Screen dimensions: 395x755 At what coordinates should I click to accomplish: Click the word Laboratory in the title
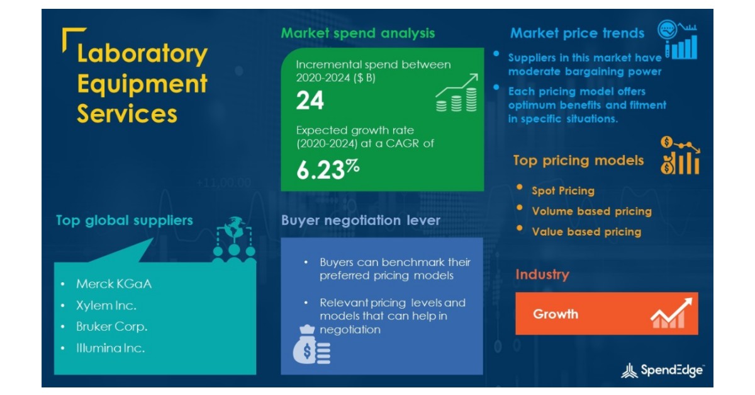(x=142, y=54)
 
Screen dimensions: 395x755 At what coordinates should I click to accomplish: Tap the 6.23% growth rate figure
(x=327, y=170)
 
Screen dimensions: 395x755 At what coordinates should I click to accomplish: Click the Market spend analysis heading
(x=357, y=33)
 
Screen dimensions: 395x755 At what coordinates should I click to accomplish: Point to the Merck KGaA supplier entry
(x=114, y=283)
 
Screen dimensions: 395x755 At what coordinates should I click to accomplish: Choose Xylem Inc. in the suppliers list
(x=106, y=306)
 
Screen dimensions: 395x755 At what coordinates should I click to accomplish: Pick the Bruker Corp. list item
(x=112, y=327)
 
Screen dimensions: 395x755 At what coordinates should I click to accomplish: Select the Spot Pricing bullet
(x=562, y=190)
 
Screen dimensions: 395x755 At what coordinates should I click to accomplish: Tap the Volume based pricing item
(x=591, y=211)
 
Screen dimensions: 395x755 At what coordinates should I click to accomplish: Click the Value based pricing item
(x=586, y=232)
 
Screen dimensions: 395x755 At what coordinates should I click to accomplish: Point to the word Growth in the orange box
(x=556, y=314)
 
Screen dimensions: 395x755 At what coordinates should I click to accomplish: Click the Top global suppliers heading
(x=124, y=220)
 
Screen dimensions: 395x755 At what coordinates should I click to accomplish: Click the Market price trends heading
(x=577, y=33)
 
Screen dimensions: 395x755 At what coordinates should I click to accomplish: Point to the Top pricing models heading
(x=578, y=161)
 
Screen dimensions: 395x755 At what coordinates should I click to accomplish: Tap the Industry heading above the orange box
(x=542, y=275)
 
